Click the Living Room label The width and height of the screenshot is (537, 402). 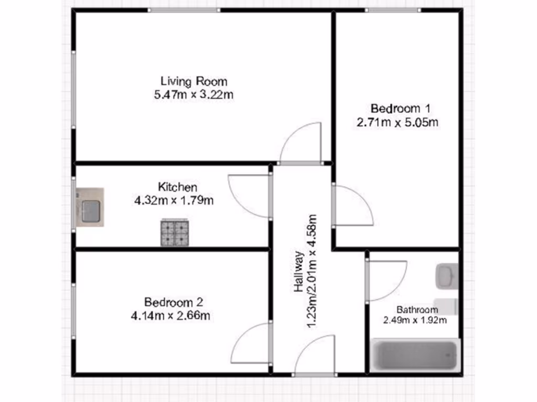pyautogui.click(x=194, y=81)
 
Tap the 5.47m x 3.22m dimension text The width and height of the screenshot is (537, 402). pyautogui.click(x=194, y=95)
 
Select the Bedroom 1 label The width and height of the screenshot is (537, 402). pyautogui.click(x=400, y=109)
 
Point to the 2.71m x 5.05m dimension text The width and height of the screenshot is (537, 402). pyautogui.click(x=397, y=123)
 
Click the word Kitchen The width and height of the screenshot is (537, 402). pyautogui.click(x=178, y=187)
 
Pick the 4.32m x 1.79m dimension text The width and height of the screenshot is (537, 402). pyautogui.click(x=178, y=200)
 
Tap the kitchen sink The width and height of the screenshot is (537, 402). pyautogui.click(x=90, y=208)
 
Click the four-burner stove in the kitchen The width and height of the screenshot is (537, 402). pyautogui.click(x=175, y=233)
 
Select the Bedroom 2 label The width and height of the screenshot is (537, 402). pyautogui.click(x=174, y=302)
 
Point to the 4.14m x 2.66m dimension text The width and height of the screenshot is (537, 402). pyautogui.click(x=178, y=316)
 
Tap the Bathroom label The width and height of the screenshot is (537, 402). pyautogui.click(x=417, y=309)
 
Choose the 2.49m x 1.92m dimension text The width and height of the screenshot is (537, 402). pyautogui.click(x=414, y=320)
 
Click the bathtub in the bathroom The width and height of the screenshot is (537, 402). pyautogui.click(x=416, y=355)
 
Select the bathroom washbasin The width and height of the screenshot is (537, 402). pyautogui.click(x=446, y=276)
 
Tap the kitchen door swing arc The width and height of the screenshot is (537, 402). pyautogui.click(x=249, y=195)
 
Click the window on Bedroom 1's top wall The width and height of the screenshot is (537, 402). pyautogui.click(x=392, y=10)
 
